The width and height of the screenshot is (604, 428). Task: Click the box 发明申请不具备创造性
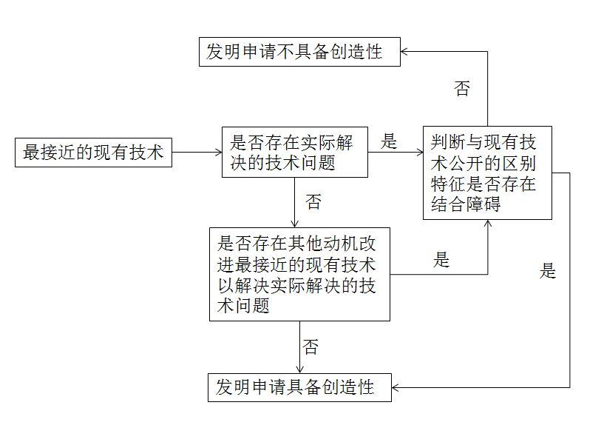pos(299,52)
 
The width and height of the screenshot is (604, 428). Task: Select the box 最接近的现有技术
pos(94,153)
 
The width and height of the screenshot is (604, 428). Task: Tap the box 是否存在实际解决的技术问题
pos(294,153)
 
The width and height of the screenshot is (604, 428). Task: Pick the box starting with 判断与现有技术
pos(487,173)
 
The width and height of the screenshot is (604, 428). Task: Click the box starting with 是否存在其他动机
pos(299,274)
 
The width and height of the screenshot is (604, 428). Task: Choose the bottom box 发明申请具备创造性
pos(299,387)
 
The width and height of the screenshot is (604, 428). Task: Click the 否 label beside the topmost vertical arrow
pos(462,90)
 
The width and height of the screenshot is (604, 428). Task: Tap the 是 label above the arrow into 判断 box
pos(389,141)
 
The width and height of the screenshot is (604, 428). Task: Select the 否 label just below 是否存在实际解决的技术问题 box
pos(313,202)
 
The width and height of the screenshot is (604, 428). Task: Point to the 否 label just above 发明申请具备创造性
pos(311,347)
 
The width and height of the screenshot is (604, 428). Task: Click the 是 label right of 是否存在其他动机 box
pos(441,260)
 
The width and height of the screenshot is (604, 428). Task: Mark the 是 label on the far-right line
pos(548,271)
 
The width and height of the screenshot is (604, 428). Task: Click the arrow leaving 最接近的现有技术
pos(197,153)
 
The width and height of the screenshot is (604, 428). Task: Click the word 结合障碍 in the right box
pos(466,204)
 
